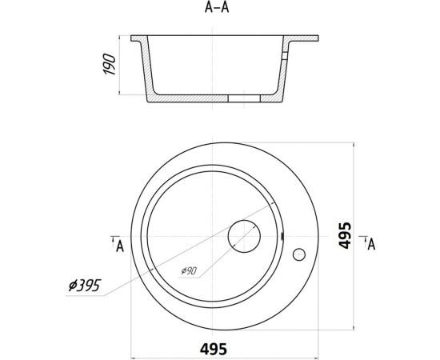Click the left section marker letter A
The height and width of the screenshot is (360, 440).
click(118, 246)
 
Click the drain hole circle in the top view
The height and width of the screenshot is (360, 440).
click(244, 236)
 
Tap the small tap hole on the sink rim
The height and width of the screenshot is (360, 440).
click(300, 255)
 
